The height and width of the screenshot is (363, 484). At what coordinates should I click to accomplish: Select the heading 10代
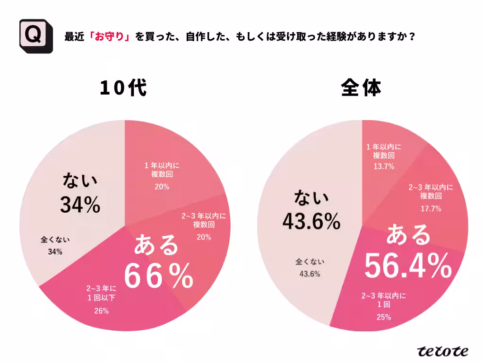click(123, 88)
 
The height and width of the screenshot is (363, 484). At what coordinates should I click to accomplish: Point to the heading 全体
click(362, 88)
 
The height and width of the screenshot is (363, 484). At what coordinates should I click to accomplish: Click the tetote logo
click(443, 351)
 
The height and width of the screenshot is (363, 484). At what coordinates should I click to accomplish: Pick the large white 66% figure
click(158, 276)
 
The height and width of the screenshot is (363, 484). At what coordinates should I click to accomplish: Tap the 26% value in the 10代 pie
click(101, 311)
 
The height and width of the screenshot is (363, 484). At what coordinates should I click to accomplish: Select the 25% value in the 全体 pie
click(384, 317)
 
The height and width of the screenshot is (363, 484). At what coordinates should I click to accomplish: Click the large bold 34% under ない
click(80, 204)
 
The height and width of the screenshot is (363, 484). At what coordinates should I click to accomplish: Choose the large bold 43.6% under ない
click(311, 221)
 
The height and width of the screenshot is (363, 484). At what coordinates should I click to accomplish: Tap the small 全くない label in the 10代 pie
click(55, 239)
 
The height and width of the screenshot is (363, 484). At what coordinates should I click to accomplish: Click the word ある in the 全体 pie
click(409, 235)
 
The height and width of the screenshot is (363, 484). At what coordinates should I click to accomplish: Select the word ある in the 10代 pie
click(156, 245)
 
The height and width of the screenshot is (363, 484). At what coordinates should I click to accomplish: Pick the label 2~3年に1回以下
click(101, 293)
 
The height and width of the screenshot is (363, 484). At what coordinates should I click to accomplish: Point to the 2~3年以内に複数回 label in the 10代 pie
click(204, 220)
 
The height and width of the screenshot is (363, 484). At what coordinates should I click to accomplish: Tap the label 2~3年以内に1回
click(384, 300)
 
